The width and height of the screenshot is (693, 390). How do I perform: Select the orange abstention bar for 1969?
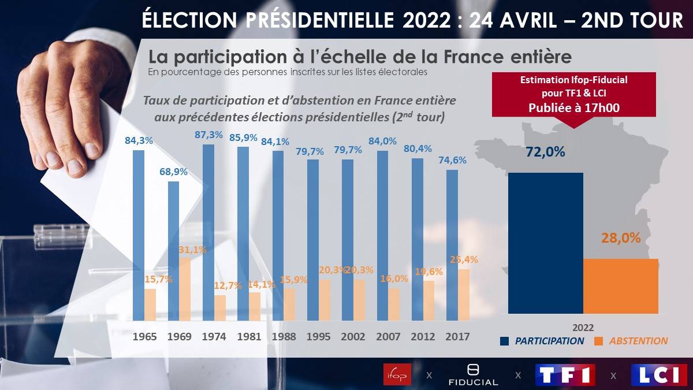tap(185, 289)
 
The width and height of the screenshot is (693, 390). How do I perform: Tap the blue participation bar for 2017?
tap(452, 245)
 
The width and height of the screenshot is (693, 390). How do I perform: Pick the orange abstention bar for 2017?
tap(464, 295)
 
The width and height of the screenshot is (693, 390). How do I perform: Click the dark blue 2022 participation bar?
tap(546, 243)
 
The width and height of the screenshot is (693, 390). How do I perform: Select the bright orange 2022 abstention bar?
tap(621, 286)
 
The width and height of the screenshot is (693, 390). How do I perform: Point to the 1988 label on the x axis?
tap(284, 336)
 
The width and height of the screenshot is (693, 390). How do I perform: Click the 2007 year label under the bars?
tap(388, 336)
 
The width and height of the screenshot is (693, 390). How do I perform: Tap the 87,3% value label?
tap(209, 135)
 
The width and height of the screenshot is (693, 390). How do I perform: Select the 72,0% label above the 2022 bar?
tap(545, 153)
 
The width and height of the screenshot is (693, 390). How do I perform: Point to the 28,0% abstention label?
tap(621, 238)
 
